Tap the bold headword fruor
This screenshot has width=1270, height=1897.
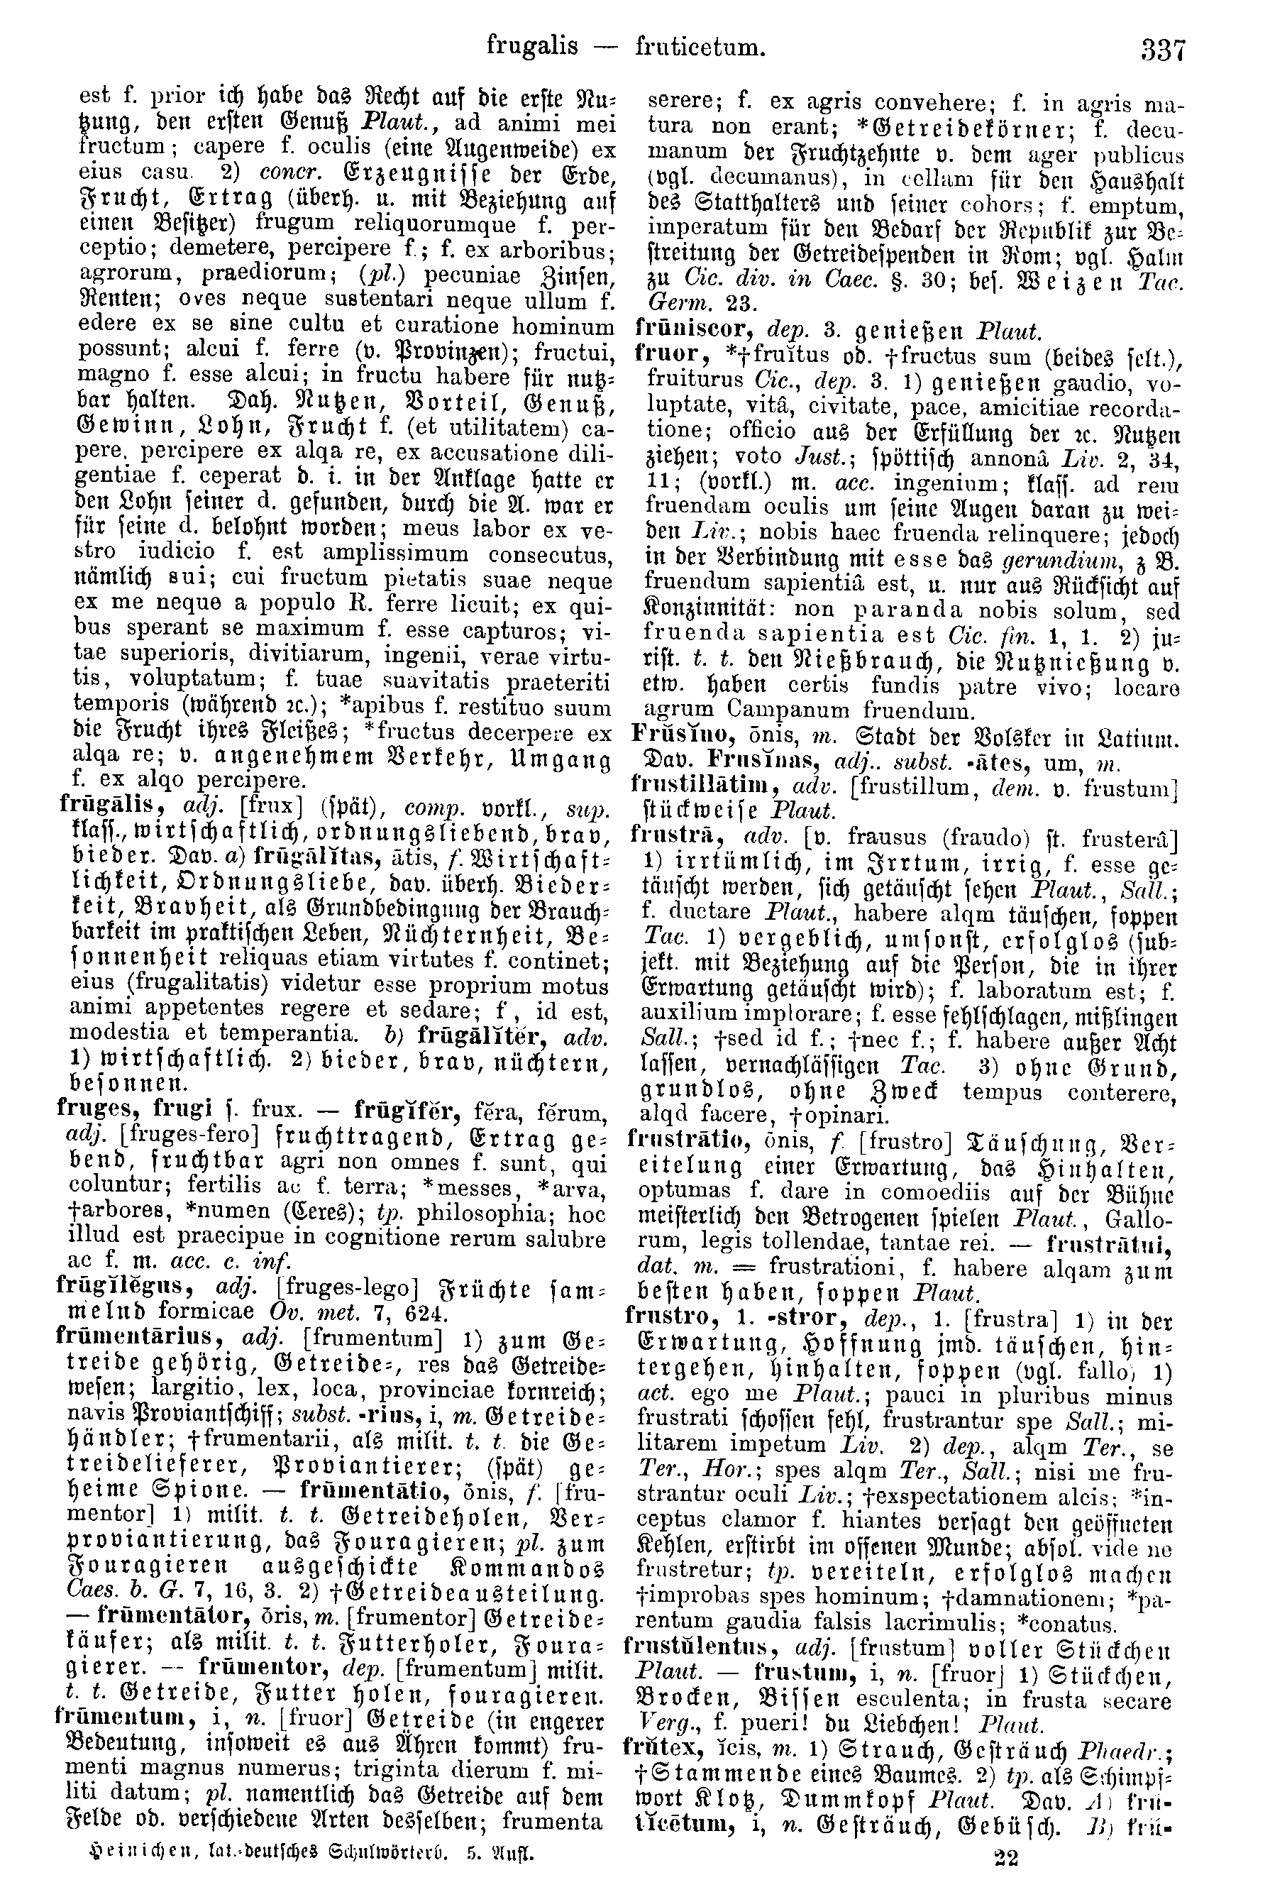(662, 354)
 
